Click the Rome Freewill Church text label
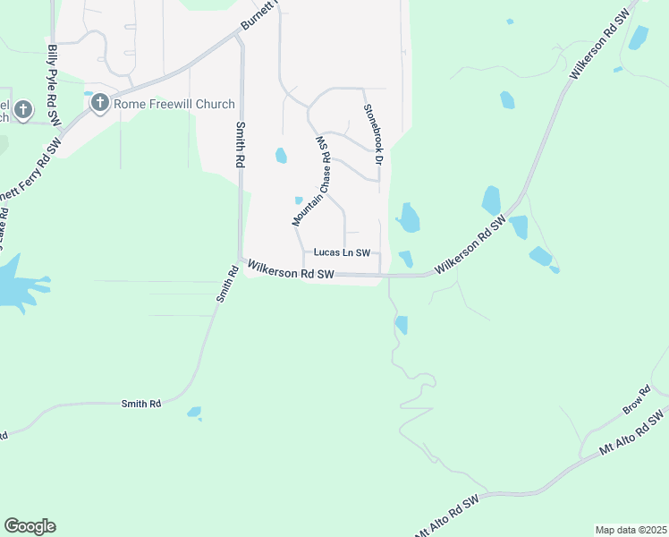(x=174, y=104)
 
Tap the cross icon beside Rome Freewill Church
(x=98, y=104)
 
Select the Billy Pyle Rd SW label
(x=53, y=85)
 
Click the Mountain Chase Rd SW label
(x=312, y=180)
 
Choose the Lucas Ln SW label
(x=342, y=253)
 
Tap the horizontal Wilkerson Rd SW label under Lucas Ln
(x=291, y=269)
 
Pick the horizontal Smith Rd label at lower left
(x=141, y=405)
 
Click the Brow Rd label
(x=638, y=400)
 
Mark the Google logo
(x=30, y=526)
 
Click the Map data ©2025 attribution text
(x=631, y=530)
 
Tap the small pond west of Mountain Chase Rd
(x=281, y=156)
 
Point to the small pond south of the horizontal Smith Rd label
(x=194, y=413)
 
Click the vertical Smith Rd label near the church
(x=240, y=146)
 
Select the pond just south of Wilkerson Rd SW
(x=401, y=324)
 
